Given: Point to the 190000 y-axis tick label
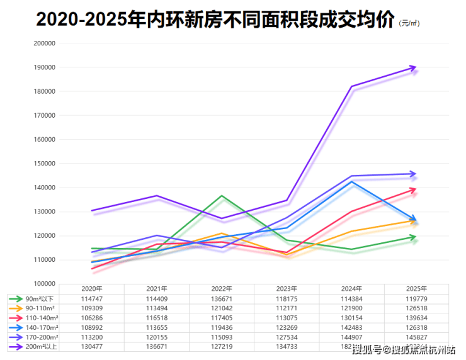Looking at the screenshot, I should (x=44, y=67).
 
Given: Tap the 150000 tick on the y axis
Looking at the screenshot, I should (x=44, y=164).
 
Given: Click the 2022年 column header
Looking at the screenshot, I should (x=222, y=288).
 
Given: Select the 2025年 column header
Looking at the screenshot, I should (x=416, y=288).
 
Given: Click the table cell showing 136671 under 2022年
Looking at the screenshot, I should (x=222, y=298).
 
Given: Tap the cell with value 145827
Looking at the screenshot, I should (x=416, y=337).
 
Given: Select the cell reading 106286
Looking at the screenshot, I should (x=92, y=318).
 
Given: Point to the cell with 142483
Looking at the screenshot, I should (x=351, y=327).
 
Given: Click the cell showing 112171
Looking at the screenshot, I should (x=287, y=308).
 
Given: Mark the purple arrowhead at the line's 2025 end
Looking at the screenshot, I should (x=412, y=67).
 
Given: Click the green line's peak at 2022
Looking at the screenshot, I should (x=222, y=196).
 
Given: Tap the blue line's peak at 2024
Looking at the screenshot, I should (x=351, y=182).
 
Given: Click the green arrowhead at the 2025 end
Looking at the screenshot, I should (x=412, y=237).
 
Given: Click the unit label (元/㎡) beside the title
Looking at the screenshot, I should (x=409, y=23).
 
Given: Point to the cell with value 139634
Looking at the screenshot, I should (x=416, y=318).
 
